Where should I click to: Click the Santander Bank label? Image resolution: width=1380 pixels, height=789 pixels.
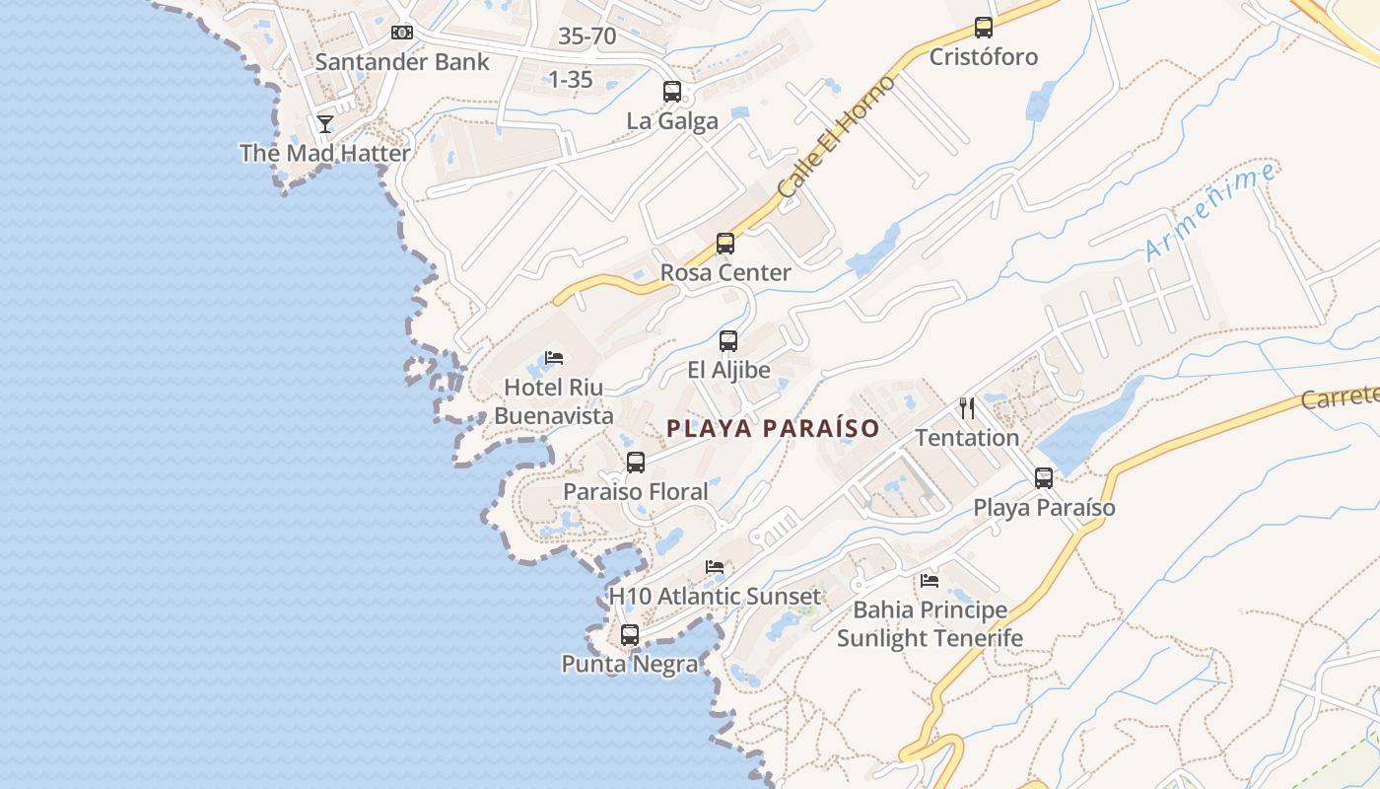point(402,62)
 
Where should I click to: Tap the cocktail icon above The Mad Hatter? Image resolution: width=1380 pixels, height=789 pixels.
point(325,124)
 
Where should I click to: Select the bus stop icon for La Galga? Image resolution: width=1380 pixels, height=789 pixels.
point(672,92)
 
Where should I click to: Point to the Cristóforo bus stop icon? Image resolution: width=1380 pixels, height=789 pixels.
point(983,28)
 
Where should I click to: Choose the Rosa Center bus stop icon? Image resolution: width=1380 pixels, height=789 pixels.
point(725,244)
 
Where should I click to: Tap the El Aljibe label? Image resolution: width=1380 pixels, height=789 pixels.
point(728,371)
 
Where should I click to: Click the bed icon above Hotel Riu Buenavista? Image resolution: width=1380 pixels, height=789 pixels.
point(554,358)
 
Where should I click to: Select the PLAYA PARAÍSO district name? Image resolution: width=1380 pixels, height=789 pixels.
point(773,429)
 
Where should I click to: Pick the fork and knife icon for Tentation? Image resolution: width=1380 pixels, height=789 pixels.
point(967,408)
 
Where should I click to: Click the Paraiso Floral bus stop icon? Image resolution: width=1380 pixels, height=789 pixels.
point(636,463)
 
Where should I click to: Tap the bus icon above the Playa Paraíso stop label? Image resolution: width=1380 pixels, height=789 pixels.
point(1044,478)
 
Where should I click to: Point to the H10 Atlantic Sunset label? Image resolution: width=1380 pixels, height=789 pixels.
point(715,597)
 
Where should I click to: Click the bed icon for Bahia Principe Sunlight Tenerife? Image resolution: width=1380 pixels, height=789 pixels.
point(930,581)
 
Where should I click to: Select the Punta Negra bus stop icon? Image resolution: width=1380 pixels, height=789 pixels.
point(630,635)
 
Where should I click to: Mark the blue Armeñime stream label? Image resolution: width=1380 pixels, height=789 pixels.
point(1211,212)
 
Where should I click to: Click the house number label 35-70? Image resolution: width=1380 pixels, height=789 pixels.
point(586,37)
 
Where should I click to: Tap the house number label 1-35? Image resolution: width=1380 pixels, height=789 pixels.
point(570,80)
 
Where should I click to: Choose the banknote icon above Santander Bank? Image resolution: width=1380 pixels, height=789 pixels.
point(401,33)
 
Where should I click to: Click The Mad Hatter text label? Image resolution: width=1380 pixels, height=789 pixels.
point(325,154)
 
